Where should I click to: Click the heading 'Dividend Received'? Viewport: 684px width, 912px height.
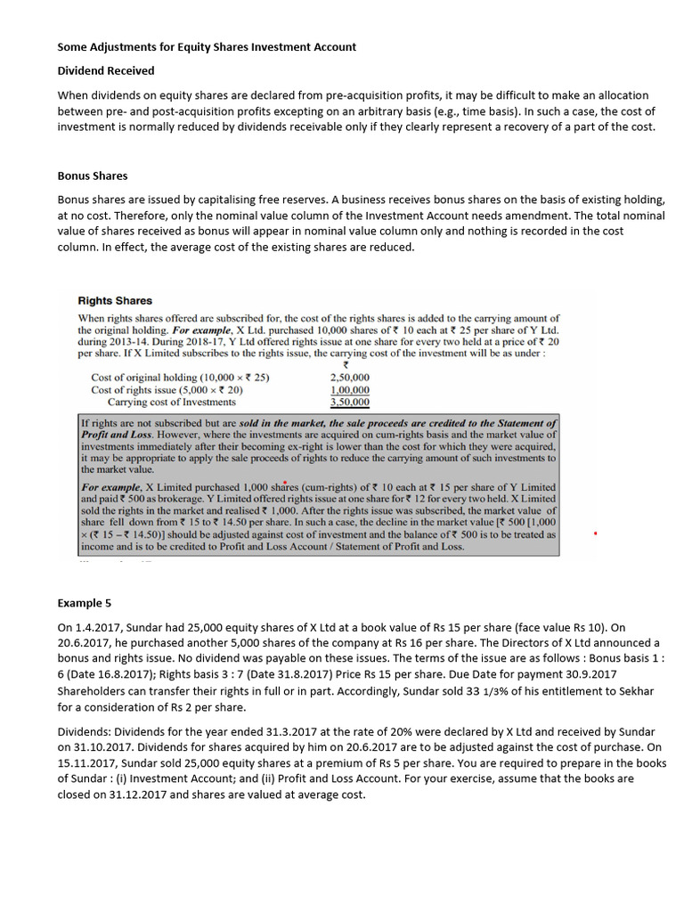[106, 70]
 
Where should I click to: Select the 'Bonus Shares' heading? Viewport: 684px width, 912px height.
[93, 175]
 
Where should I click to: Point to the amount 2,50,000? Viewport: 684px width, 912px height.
[349, 377]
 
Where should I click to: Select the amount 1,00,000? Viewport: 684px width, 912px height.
[349, 389]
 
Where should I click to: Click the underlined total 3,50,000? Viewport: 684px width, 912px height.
[349, 403]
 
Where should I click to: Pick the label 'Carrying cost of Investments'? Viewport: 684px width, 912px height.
[166, 403]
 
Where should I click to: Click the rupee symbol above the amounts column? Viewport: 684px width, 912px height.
[346, 364]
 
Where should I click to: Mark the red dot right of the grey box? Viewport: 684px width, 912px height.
[595, 533]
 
